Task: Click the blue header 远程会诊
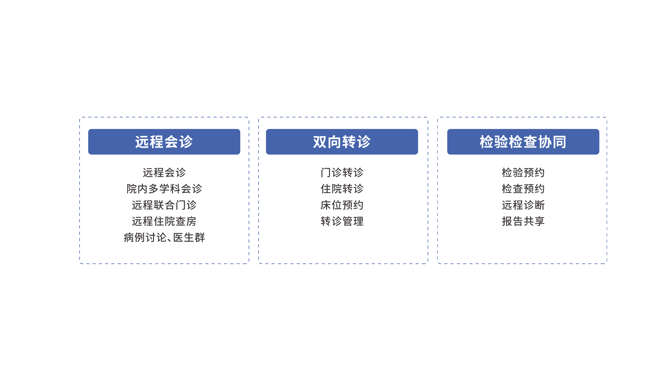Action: pyautogui.click(x=164, y=142)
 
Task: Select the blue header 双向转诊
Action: pyautogui.click(x=342, y=142)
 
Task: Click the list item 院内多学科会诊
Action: pyautogui.click(x=164, y=189)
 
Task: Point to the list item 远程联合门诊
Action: pyautogui.click(x=164, y=205)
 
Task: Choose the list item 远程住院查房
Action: pyautogui.click(x=164, y=221)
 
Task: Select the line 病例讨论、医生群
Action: pyautogui.click(x=164, y=237)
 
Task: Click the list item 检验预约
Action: pyautogui.click(x=523, y=173)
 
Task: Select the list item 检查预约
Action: pyautogui.click(x=523, y=189)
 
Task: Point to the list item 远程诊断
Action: pyautogui.click(x=523, y=205)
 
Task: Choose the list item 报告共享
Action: pyautogui.click(x=523, y=221)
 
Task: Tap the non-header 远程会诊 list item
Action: pyautogui.click(x=164, y=173)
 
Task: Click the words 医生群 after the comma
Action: pyautogui.click(x=189, y=237)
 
